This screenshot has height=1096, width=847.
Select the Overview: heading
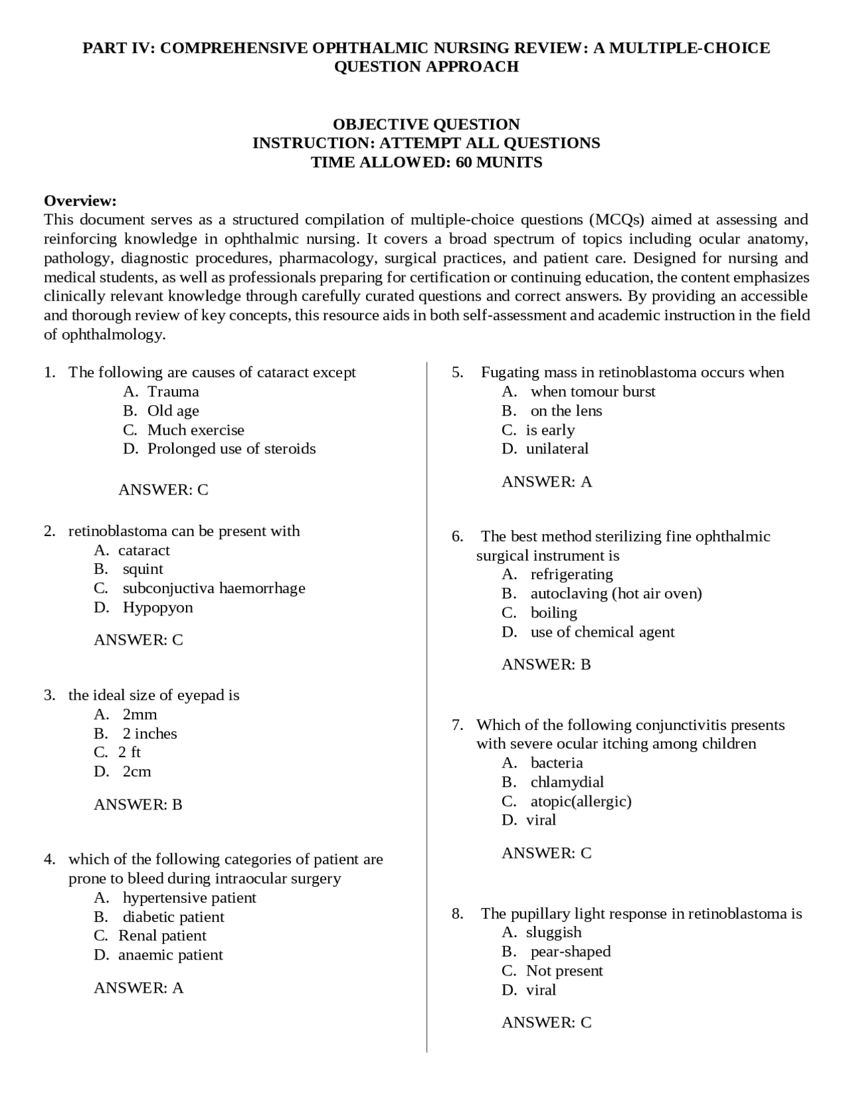click(x=80, y=201)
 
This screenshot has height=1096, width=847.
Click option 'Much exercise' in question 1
click(x=195, y=430)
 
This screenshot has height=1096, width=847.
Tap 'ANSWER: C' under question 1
click(x=163, y=490)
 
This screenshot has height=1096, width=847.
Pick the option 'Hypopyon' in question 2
click(x=157, y=608)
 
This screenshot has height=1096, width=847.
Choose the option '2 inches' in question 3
click(x=150, y=733)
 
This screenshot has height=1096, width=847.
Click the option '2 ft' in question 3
click(x=129, y=753)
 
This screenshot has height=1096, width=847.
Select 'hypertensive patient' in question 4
click(x=189, y=897)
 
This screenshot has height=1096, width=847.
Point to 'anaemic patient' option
click(x=170, y=955)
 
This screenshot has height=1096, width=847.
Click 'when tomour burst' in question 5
click(x=592, y=392)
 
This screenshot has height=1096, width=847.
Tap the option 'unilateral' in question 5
click(x=557, y=449)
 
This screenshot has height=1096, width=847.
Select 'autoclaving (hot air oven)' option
click(x=615, y=594)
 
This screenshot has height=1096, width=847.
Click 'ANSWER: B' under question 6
click(x=546, y=664)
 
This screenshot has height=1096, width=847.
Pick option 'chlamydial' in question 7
click(x=566, y=782)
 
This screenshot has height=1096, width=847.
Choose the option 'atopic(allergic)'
click(x=580, y=801)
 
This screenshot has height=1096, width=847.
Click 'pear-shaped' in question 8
click(x=570, y=952)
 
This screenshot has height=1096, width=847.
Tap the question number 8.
click(x=457, y=914)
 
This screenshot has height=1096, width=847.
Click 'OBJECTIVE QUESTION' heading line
click(x=426, y=124)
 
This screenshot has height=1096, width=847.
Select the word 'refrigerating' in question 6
click(x=571, y=574)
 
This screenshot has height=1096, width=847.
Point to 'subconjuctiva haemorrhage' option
click(x=213, y=588)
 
